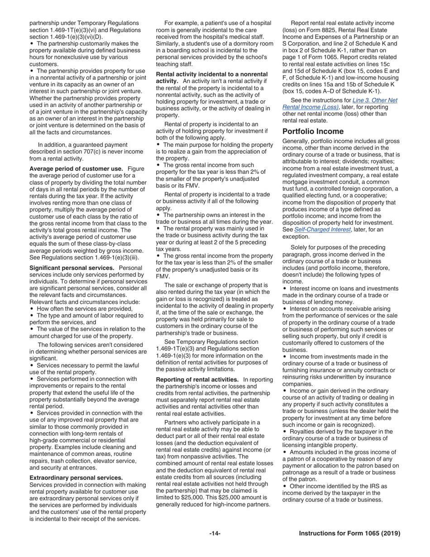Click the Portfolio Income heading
[x=313, y=132]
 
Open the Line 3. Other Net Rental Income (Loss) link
[x=339, y=104]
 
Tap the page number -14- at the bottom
[x=215, y=533]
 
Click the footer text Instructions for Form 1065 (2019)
[x=349, y=533]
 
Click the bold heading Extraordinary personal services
[x=76, y=478]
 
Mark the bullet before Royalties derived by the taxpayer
[x=284, y=432]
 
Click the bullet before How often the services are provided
[x=32, y=309]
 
